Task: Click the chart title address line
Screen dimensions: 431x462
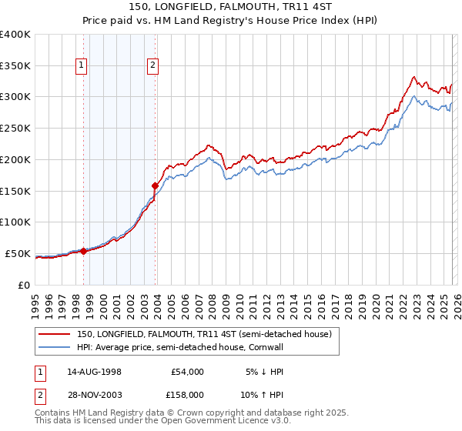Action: (x=230, y=7)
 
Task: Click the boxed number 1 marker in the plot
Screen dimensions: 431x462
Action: (x=82, y=66)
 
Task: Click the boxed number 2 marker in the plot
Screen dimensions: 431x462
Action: (x=153, y=66)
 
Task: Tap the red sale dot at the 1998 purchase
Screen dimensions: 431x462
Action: (x=83, y=251)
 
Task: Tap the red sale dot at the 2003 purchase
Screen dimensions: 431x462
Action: (x=155, y=185)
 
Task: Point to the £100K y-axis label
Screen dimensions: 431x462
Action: (x=15, y=222)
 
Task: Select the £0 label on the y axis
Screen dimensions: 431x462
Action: (x=23, y=285)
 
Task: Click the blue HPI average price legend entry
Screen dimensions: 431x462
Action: (x=180, y=348)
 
